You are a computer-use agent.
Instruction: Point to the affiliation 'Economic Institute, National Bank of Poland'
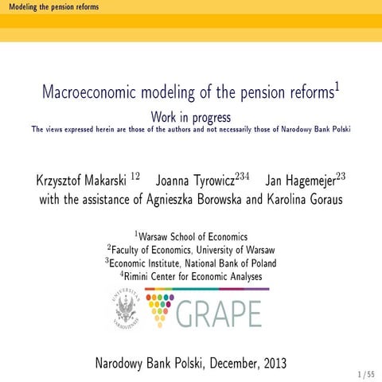click(194, 263)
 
